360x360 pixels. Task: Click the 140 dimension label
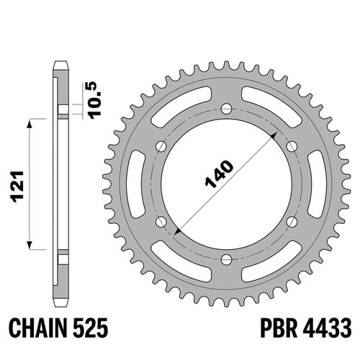click(219, 174)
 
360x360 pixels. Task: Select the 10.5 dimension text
click(96, 100)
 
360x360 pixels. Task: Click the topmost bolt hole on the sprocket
click(227, 109)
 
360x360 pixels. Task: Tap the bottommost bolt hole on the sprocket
click(227, 259)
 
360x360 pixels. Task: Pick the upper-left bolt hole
click(161, 147)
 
